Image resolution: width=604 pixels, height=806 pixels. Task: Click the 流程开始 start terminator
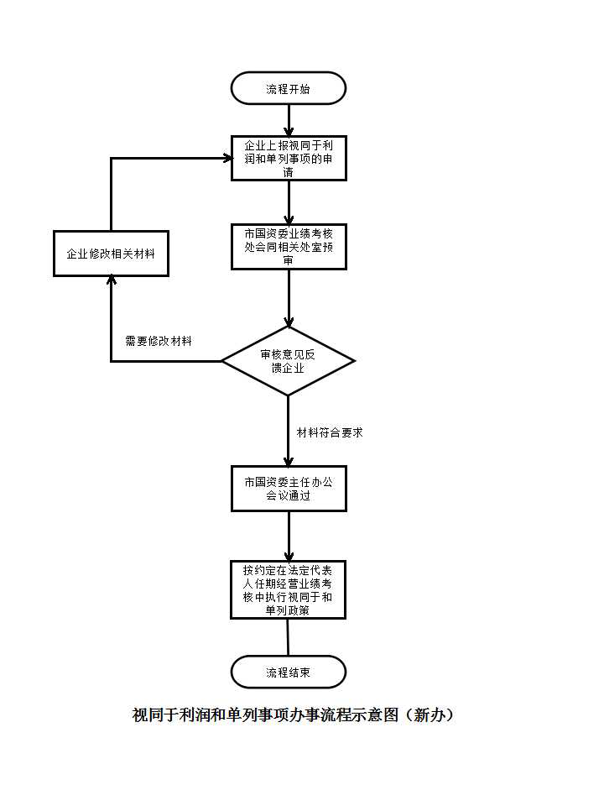click(x=288, y=88)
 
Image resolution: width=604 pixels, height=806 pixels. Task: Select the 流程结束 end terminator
click(x=288, y=672)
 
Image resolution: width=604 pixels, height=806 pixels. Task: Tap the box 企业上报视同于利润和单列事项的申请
click(x=289, y=159)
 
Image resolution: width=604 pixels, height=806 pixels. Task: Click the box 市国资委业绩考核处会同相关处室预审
click(x=289, y=247)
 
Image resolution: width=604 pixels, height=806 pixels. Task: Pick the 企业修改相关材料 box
click(x=111, y=254)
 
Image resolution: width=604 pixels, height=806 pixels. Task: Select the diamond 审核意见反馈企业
click(x=288, y=361)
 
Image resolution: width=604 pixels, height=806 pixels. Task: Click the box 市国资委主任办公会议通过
click(x=289, y=489)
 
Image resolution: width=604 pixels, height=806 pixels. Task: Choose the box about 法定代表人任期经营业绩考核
click(x=288, y=589)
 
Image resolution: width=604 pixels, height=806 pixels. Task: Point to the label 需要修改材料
click(x=159, y=341)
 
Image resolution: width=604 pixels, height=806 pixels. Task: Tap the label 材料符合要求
click(x=330, y=433)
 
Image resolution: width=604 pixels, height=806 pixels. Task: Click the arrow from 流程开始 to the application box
click(x=289, y=120)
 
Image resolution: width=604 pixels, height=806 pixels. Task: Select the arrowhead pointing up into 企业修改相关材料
click(x=111, y=280)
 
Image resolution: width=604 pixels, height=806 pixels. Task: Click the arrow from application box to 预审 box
click(x=289, y=202)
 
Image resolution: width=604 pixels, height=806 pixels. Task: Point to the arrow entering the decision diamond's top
click(x=289, y=298)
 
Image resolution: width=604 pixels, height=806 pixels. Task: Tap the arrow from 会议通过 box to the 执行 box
click(x=289, y=536)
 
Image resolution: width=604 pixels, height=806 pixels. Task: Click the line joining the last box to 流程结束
click(x=288, y=637)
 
